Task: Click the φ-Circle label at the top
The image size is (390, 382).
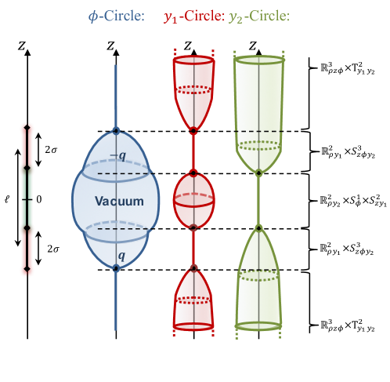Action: (x=117, y=16)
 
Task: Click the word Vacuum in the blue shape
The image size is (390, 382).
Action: (x=119, y=202)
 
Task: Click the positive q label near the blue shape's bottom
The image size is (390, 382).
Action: (x=120, y=255)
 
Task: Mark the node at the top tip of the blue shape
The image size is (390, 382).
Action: (x=116, y=130)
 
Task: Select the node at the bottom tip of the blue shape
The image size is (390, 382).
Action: (x=116, y=268)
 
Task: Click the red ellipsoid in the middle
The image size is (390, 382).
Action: (x=193, y=200)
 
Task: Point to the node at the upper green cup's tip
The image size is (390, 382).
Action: (x=258, y=173)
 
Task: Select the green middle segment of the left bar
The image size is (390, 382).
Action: (x=27, y=198)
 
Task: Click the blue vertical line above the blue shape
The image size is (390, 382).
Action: (x=116, y=94)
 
